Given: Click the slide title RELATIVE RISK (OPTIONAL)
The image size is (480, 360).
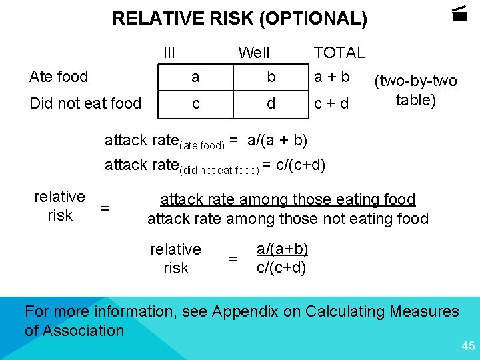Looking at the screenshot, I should pyautogui.click(x=239, y=19).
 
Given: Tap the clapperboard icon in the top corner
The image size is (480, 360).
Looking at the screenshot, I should pyautogui.click(x=459, y=13).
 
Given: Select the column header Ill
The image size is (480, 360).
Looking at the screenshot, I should pyautogui.click(x=169, y=53).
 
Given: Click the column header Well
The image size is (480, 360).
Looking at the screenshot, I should pyautogui.click(x=254, y=53).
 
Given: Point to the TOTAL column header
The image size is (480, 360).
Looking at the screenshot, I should pyautogui.click(x=339, y=53).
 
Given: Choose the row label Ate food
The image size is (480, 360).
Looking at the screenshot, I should pyautogui.click(x=59, y=77).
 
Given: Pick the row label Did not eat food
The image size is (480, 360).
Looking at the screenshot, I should pyautogui.click(x=85, y=104).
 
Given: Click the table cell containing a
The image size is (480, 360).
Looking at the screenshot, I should pyautogui.click(x=195, y=77).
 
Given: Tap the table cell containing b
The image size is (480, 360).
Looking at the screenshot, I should pyautogui.click(x=271, y=77).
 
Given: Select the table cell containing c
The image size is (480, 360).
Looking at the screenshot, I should pyautogui.click(x=195, y=104).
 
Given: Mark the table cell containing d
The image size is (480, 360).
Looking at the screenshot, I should pyautogui.click(x=271, y=104).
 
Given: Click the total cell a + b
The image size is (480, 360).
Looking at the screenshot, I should pyautogui.click(x=332, y=77).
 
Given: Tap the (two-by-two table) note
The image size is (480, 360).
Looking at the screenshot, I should pyautogui.click(x=416, y=91).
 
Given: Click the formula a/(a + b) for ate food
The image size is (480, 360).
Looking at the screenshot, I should pyautogui.click(x=277, y=140).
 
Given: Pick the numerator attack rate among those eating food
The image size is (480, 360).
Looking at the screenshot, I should pyautogui.click(x=288, y=199).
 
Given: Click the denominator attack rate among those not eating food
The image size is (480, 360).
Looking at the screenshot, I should pyautogui.click(x=288, y=218).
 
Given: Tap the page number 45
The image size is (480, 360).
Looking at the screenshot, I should pyautogui.click(x=468, y=345).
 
